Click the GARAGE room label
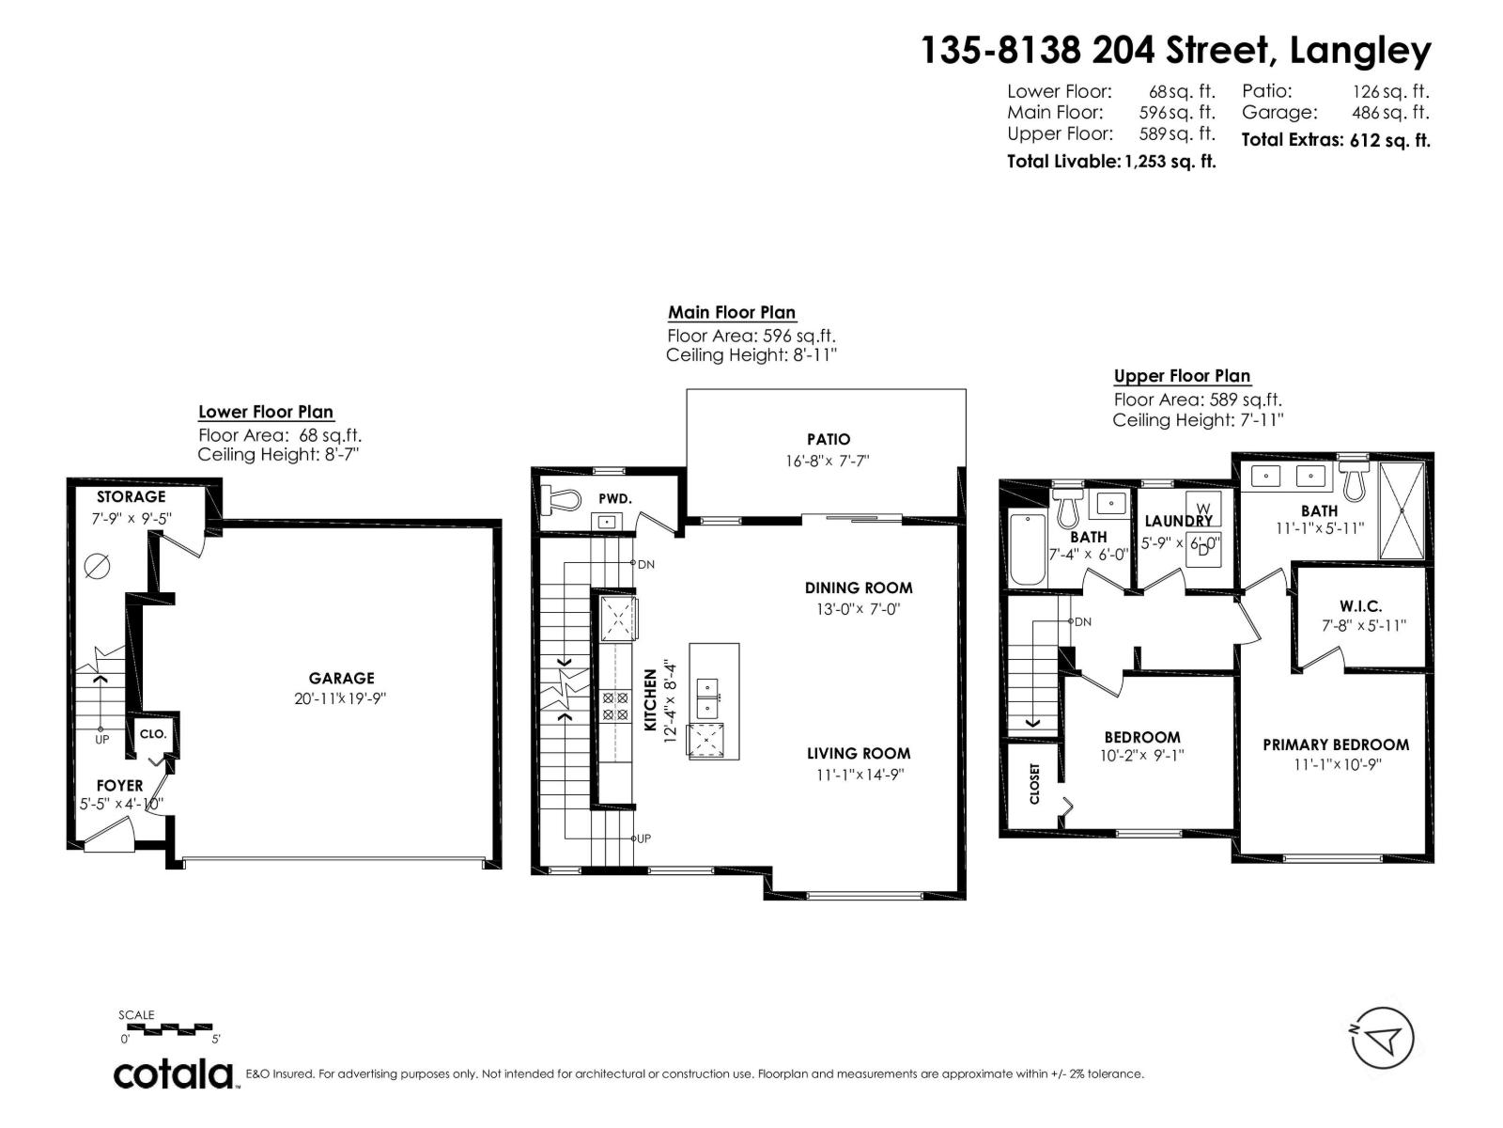coord(341,678)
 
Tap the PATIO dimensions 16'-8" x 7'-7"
coord(828,462)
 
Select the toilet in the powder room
coord(561,499)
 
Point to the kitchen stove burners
coord(615,706)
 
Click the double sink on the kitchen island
coord(706,697)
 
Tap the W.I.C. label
coord(1360,606)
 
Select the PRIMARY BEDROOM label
coord(1335,744)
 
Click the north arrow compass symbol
coord(1384,1039)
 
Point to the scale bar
coord(170,1028)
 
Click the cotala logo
coord(175,1073)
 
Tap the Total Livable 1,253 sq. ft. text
coord(1111,161)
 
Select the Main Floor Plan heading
coord(731,312)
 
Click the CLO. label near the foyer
coord(153,733)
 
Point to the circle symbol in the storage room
coord(98,566)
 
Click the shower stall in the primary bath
coord(1401,509)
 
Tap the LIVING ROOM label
coord(858,753)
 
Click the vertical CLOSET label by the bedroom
coord(1035,783)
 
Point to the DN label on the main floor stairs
coord(645,565)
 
